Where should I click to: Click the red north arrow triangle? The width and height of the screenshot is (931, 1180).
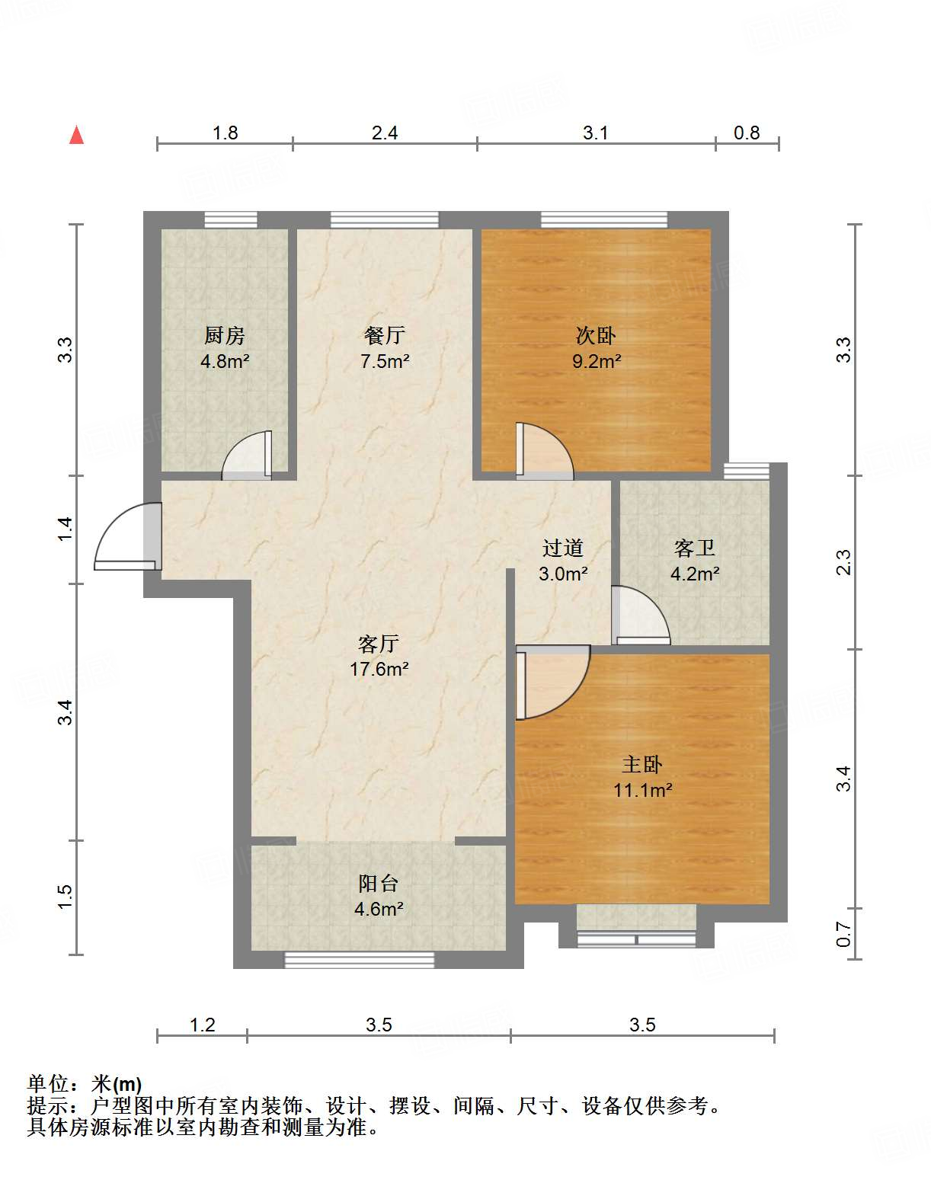76,136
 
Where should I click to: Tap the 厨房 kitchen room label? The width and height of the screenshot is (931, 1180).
225,335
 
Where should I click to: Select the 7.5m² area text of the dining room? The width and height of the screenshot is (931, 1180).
385,361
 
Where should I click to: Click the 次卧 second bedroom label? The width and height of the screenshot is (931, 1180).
596,335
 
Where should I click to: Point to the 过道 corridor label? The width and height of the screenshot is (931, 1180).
563,548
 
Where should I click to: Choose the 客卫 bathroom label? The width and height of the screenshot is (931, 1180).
695,548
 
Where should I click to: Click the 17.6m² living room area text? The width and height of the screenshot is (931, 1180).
379,670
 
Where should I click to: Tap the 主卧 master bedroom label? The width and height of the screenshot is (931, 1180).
642,764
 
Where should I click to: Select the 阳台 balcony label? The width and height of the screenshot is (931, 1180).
379,883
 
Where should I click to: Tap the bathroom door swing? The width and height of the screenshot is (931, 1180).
640,616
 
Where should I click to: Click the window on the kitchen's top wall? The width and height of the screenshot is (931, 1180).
231,220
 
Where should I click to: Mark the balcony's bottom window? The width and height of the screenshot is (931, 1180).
360,960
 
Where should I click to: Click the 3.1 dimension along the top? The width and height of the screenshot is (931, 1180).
596,133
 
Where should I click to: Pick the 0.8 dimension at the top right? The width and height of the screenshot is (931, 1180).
747,133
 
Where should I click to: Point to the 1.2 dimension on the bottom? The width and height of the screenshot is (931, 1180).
202,1025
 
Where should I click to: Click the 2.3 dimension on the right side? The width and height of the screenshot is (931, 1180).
843,562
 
